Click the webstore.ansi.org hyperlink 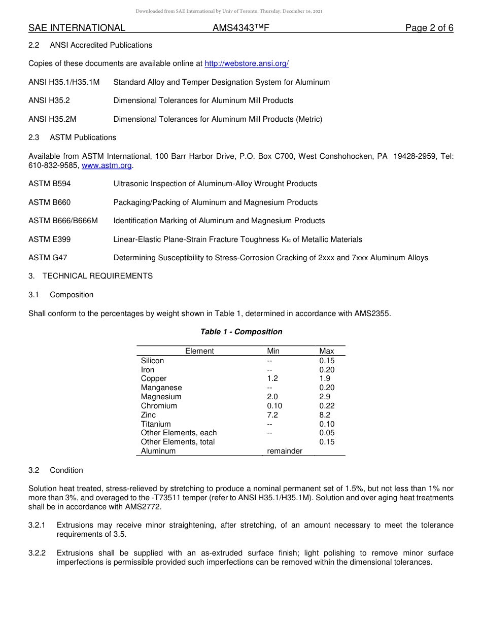[247, 63]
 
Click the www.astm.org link [107, 165]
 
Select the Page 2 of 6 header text [429, 28]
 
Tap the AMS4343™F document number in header [240, 28]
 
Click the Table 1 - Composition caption [241, 332]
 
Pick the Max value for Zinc [325, 415]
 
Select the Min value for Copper [272, 378]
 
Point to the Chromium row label [159, 406]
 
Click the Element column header [199, 351]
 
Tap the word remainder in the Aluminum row [285, 451]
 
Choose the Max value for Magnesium [325, 397]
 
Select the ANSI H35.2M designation [52, 119]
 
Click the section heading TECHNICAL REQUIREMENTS [97, 276]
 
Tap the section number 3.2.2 [37, 553]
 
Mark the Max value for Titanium [327, 424]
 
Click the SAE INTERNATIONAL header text [77, 28]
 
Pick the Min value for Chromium [274, 406]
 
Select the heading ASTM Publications [83, 137]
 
